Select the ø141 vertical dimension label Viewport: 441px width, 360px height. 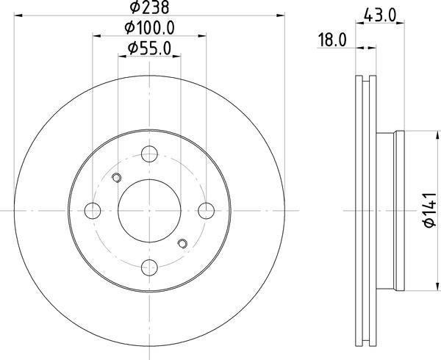pyautogui.click(x=430, y=209)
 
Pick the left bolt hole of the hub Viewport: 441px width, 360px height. pyautogui.click(x=93, y=210)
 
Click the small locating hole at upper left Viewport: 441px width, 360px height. pyautogui.click(x=116, y=178)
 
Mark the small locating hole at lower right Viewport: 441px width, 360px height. pyautogui.click(x=182, y=243)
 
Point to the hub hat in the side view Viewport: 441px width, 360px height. pyautogui.click(x=390, y=210)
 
